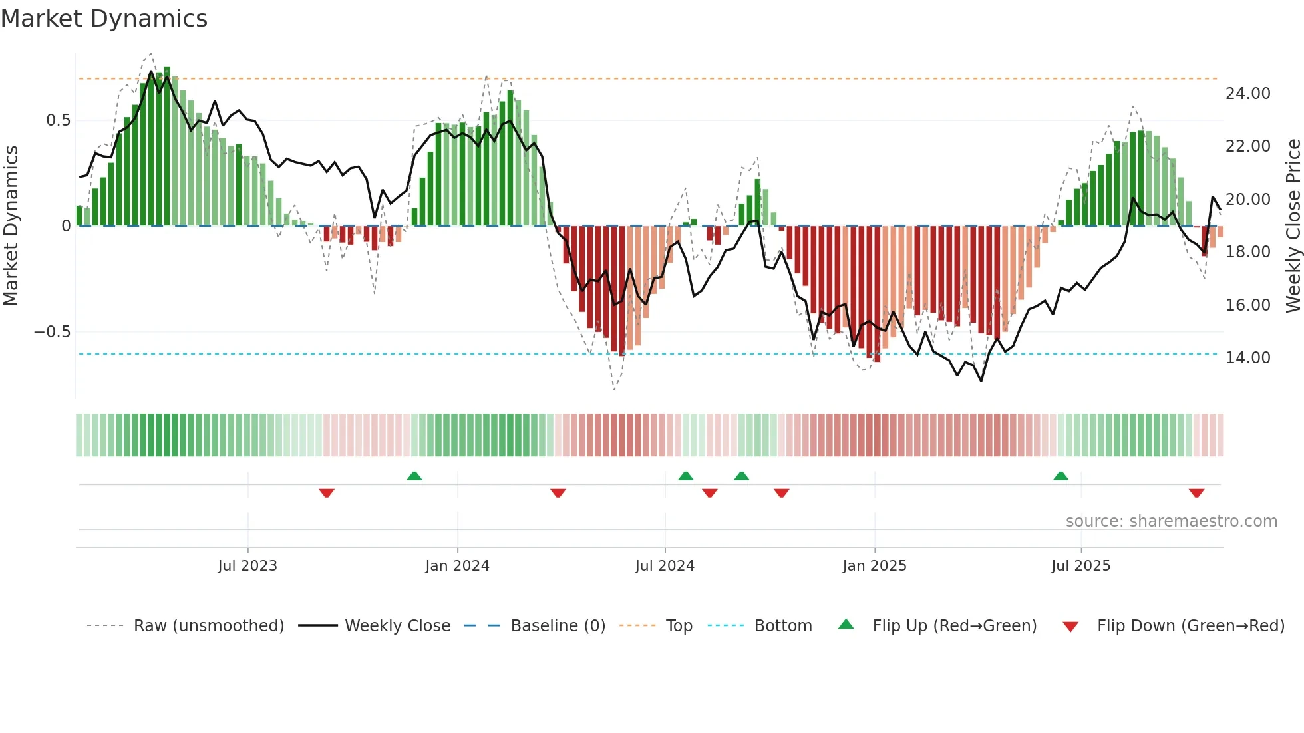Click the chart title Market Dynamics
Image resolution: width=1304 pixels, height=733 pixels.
tap(104, 19)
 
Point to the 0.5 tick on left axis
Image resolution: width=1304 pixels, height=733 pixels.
tap(58, 120)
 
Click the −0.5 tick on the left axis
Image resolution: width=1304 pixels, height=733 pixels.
tap(53, 332)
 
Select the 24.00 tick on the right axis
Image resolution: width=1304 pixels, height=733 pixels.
tap(1247, 94)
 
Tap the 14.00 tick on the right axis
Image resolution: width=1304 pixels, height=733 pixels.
tap(1247, 358)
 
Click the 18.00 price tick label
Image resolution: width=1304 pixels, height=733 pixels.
tap(1247, 252)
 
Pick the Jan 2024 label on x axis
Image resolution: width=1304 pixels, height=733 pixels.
tap(457, 566)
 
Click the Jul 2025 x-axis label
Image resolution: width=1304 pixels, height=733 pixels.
tap(1080, 566)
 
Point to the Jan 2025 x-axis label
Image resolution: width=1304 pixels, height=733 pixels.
tap(874, 566)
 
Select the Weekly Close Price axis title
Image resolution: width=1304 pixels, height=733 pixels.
tap(1293, 226)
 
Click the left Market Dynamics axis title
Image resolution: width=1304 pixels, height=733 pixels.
tap(11, 226)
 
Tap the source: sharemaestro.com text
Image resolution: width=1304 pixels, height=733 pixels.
tap(1171, 521)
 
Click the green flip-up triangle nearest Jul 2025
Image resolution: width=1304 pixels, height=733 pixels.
tap(1060, 476)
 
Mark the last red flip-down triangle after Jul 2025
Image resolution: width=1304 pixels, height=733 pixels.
tap(1196, 493)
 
